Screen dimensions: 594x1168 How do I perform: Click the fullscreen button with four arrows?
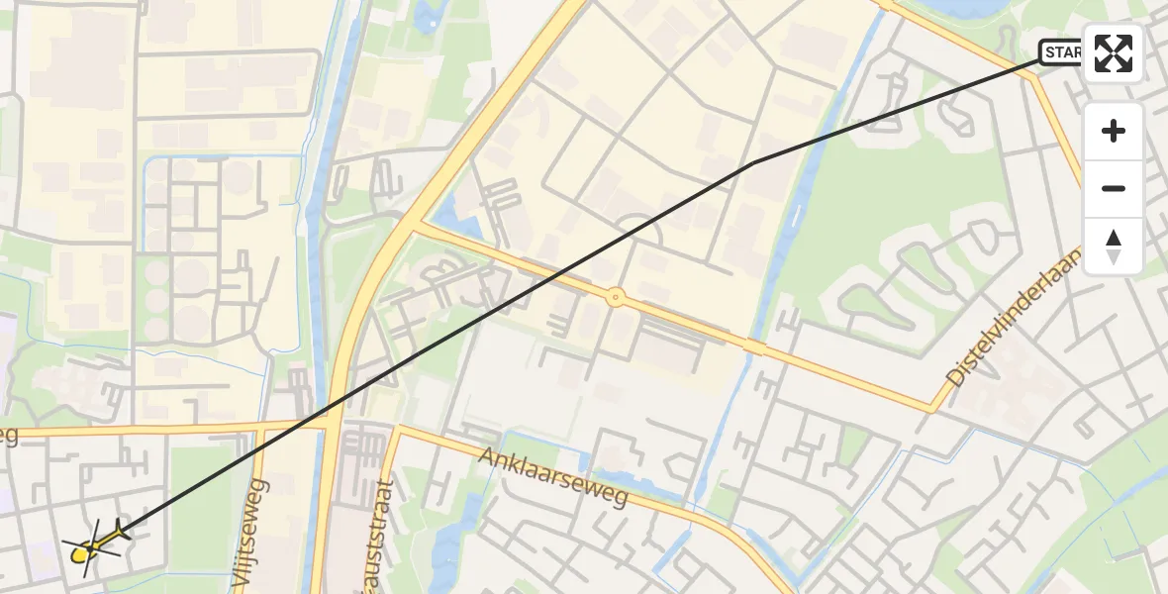(x=1114, y=53)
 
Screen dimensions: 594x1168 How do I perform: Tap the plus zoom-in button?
(x=1114, y=131)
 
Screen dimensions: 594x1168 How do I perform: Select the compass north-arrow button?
(x=1114, y=247)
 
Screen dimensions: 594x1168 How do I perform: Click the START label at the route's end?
(x=1061, y=52)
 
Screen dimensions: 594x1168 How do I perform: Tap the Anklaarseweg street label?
(x=554, y=476)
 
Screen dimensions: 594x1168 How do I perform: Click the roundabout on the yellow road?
(x=616, y=297)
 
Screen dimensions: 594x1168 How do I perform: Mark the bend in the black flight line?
(x=754, y=161)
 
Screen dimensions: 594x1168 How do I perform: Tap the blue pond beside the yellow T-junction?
(x=453, y=219)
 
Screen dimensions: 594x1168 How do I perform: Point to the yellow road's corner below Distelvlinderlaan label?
(x=931, y=409)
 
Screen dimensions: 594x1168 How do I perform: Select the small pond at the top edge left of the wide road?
(x=433, y=13)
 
